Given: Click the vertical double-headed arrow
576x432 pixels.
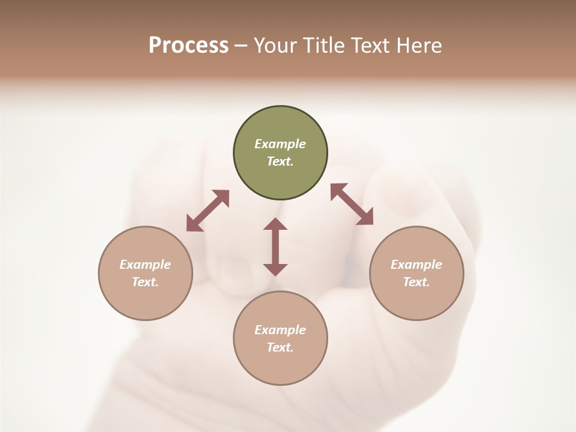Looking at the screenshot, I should [275, 247].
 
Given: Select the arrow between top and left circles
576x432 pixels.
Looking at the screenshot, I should [208, 211].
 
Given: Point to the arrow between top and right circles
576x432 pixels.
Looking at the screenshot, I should [352, 204].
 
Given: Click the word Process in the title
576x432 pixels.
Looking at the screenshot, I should [188, 45].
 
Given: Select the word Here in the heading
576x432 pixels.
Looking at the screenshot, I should [419, 45].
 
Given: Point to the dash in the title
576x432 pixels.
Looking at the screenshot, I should [241, 46].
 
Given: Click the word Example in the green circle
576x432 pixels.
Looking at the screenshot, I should [280, 144].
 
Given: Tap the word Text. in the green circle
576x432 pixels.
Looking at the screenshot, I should [280, 161].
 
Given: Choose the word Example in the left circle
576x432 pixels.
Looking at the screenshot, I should [145, 265].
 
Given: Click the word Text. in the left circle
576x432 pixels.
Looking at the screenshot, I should [145, 282].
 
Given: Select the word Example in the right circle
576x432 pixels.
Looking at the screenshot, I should [416, 265].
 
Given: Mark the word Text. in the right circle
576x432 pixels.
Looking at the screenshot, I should [416, 282].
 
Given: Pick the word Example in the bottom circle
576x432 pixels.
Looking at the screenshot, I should [280, 330].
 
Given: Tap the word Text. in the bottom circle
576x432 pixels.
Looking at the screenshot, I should [280, 347].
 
